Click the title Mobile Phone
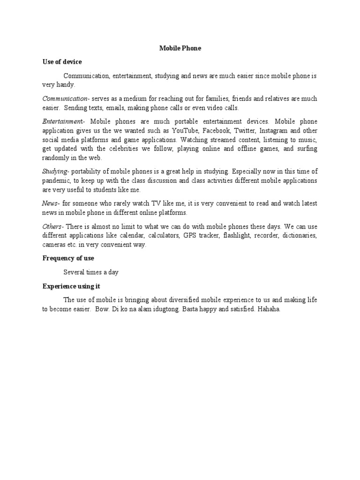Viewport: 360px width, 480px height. [x=180, y=48]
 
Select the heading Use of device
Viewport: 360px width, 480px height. [x=62, y=62]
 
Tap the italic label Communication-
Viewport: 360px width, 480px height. [x=66, y=99]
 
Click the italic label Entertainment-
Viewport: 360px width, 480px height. [x=64, y=121]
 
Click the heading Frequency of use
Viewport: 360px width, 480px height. [x=68, y=258]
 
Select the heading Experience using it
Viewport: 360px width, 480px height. [x=71, y=286]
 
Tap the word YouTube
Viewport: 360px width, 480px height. [x=184, y=131]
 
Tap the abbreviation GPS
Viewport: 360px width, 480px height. [x=190, y=235]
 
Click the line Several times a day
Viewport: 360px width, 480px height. [x=91, y=272]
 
